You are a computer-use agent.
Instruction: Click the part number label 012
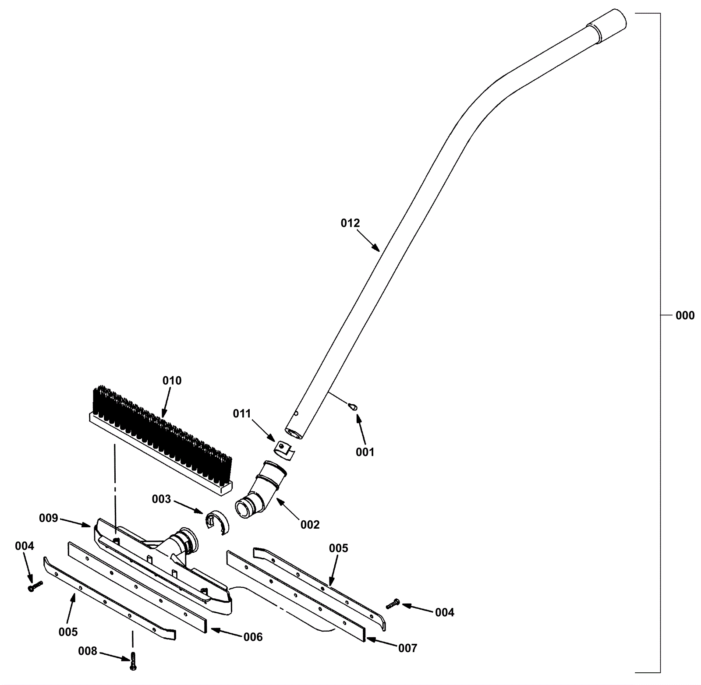[350, 223]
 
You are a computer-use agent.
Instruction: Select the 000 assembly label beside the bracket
[685, 315]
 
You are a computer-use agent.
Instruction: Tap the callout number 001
[365, 452]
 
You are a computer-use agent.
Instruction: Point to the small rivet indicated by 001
[353, 407]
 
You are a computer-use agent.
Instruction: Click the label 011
[242, 413]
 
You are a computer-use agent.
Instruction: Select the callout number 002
[310, 524]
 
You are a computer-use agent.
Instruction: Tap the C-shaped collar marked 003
[218, 522]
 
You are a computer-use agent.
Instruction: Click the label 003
[161, 499]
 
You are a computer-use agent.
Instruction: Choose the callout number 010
[172, 381]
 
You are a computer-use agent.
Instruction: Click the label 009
[48, 518]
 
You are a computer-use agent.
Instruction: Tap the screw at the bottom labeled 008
[133, 660]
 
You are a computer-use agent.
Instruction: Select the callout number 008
[88, 651]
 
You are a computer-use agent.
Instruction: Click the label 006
[253, 637]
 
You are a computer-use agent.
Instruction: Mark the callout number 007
[407, 648]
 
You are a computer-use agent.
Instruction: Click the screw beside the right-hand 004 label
[393, 604]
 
